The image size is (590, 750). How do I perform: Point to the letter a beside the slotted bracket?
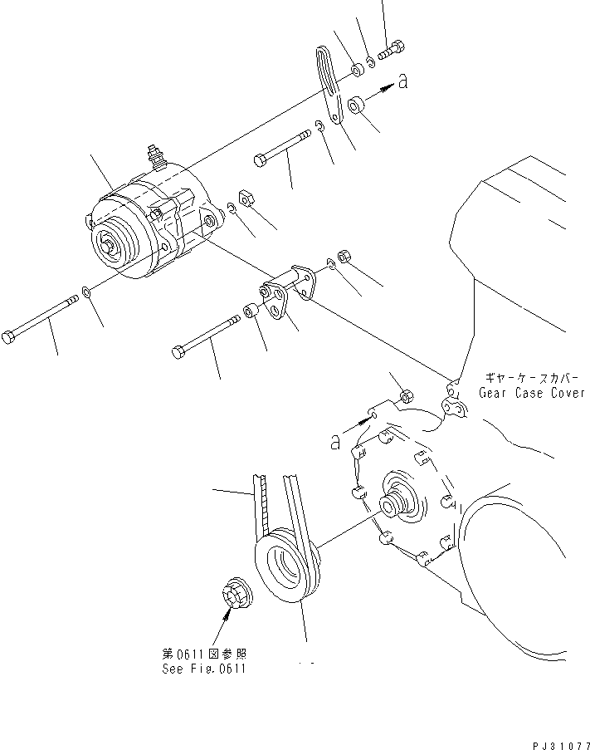402,81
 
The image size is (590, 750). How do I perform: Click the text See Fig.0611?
205,669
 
